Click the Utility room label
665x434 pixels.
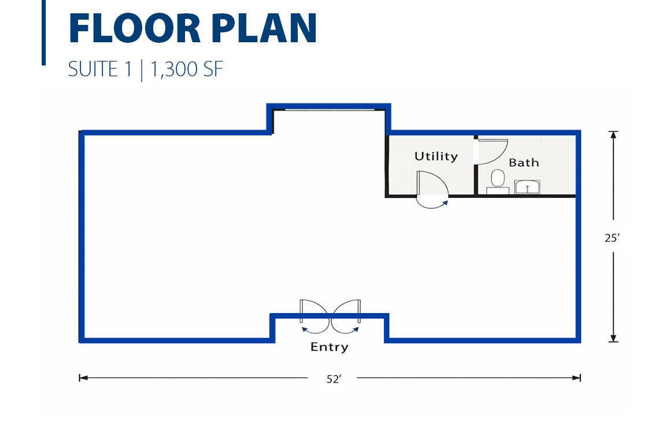pyautogui.click(x=436, y=157)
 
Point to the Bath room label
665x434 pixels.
pyautogui.click(x=524, y=163)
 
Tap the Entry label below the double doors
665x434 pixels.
pyautogui.click(x=329, y=347)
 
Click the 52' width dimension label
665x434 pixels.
pyautogui.click(x=333, y=379)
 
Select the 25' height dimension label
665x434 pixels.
pyautogui.click(x=612, y=238)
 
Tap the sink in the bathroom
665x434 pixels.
pyautogui.click(x=527, y=187)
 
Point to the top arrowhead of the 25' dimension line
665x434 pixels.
pyautogui.click(x=614, y=135)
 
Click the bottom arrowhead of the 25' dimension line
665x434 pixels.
pyautogui.click(x=614, y=338)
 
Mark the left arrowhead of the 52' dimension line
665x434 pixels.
pyautogui.click(x=83, y=378)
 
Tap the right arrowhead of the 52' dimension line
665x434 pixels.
pyautogui.click(x=577, y=378)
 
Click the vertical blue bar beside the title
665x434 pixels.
pyautogui.click(x=44, y=32)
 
